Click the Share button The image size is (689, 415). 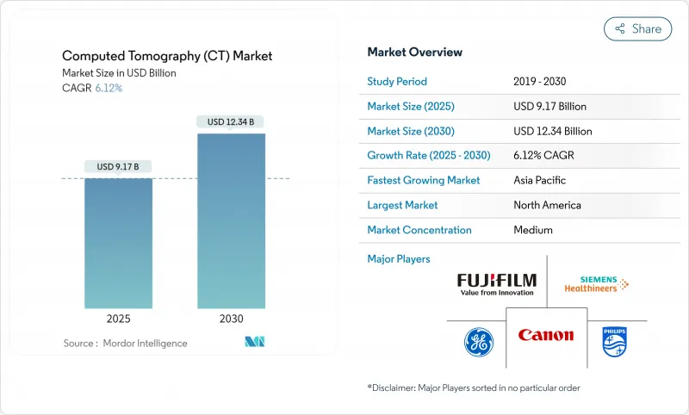point(637,28)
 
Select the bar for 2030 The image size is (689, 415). point(231,220)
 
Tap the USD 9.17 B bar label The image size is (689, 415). point(118,166)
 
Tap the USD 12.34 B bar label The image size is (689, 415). point(231,121)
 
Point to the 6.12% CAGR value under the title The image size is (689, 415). point(108,88)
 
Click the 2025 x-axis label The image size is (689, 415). point(118,319)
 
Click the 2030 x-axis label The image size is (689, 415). point(231,319)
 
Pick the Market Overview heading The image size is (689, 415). point(414,52)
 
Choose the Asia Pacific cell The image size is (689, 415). point(539,181)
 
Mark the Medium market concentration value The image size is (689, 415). point(533,230)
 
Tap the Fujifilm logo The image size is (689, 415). point(497,284)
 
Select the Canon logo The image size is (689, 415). point(545,335)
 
